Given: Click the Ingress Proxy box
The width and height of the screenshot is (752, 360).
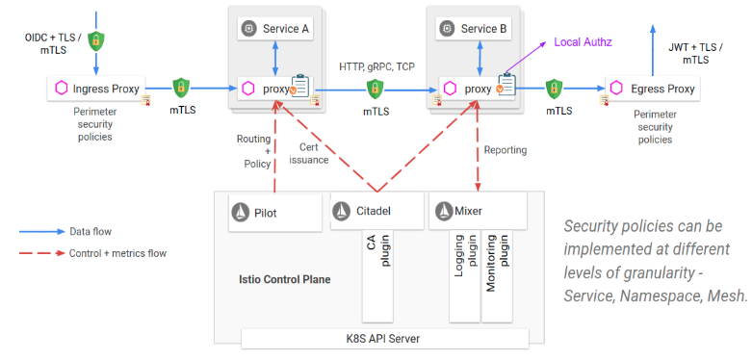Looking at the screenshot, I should [101, 89].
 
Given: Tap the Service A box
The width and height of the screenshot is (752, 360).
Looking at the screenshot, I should [275, 29].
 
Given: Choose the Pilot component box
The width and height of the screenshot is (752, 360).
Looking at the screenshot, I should [274, 211].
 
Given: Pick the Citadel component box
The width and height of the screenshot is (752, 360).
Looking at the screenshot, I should [375, 211].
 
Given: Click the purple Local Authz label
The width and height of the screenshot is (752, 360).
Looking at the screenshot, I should [582, 43].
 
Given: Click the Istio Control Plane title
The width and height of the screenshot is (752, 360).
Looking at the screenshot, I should [284, 279].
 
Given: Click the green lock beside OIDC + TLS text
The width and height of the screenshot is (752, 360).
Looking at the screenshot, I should [95, 41].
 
